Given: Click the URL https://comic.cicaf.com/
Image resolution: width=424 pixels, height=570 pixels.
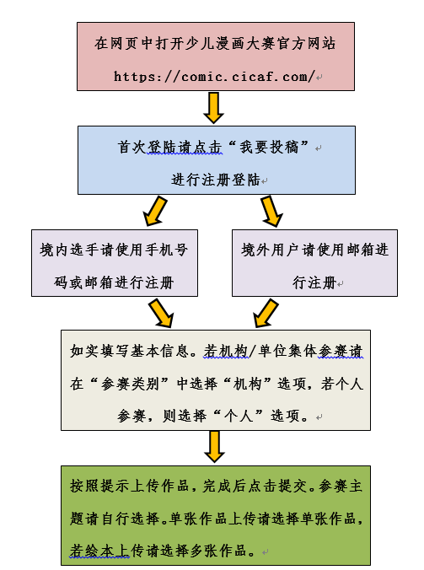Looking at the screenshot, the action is click(x=214, y=77).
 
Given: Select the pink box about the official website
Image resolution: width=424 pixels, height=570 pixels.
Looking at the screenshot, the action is click(x=216, y=56).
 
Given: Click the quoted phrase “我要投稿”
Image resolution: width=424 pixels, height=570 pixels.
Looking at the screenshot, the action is click(x=269, y=148).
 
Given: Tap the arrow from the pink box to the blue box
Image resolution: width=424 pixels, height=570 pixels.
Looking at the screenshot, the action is click(x=213, y=108).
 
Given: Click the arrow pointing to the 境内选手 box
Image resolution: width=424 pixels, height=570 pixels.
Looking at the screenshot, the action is click(x=155, y=211).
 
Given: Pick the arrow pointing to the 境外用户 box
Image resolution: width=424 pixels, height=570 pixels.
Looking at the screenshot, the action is click(x=271, y=211).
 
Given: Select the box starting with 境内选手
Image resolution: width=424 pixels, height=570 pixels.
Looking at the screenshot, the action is click(x=115, y=263).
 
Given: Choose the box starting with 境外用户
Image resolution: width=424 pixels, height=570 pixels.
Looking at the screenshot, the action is click(x=314, y=263).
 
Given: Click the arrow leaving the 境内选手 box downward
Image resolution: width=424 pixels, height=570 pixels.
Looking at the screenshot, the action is click(x=161, y=313).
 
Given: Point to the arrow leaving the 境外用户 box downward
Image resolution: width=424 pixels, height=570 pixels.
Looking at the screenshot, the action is click(x=266, y=313).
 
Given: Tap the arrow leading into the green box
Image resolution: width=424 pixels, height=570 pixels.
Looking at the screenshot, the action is click(x=214, y=447).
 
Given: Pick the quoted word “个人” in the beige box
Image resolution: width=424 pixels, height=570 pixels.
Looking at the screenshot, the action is click(x=238, y=416).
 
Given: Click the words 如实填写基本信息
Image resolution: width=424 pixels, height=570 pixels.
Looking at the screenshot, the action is click(x=129, y=352).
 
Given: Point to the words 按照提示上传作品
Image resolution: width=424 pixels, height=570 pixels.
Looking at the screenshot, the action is click(x=129, y=486).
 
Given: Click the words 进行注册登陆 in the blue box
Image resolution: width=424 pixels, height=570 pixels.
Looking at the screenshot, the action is click(x=216, y=180).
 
